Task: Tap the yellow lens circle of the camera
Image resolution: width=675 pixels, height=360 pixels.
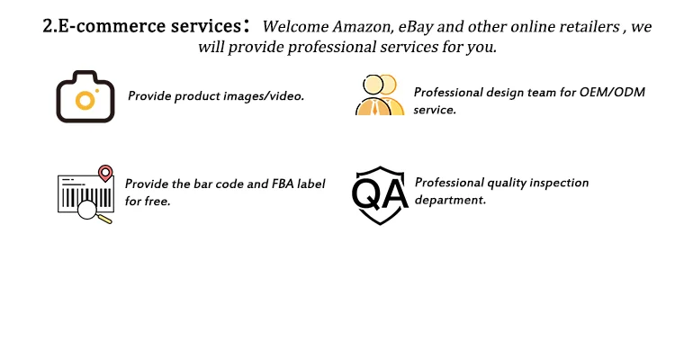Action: tap(85, 100)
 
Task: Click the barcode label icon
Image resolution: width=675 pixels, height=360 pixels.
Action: tap(85, 193)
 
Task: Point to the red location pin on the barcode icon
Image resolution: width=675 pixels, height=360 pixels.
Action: tap(105, 172)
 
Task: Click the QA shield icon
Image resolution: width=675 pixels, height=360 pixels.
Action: tap(379, 193)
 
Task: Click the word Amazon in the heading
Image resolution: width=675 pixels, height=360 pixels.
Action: tap(362, 27)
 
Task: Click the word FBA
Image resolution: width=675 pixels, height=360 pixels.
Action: tap(284, 184)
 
